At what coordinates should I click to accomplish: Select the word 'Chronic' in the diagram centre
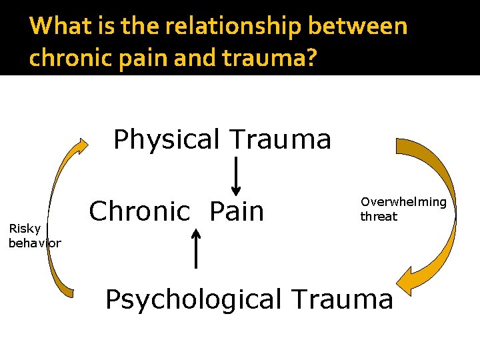click(140, 211)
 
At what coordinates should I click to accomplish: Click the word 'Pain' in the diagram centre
click(237, 211)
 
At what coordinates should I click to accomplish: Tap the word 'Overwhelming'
click(403, 202)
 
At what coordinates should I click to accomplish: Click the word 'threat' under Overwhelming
click(379, 217)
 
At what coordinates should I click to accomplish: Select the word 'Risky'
click(24, 229)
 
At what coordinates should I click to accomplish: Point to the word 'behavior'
click(35, 243)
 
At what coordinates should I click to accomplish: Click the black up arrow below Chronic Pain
click(196, 247)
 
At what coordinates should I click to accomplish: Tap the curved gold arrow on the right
click(433, 213)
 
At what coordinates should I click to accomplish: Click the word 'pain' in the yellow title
click(148, 58)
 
